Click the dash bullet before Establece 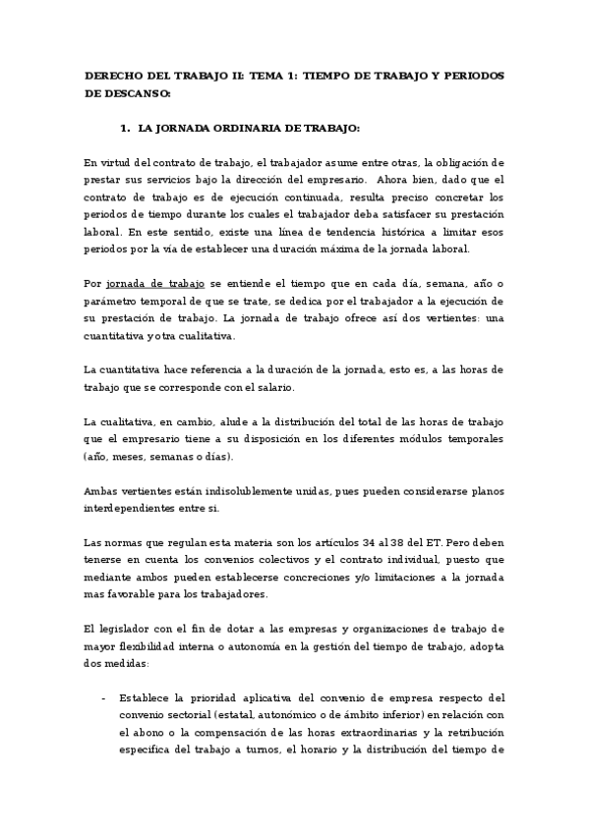coord(104,699)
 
